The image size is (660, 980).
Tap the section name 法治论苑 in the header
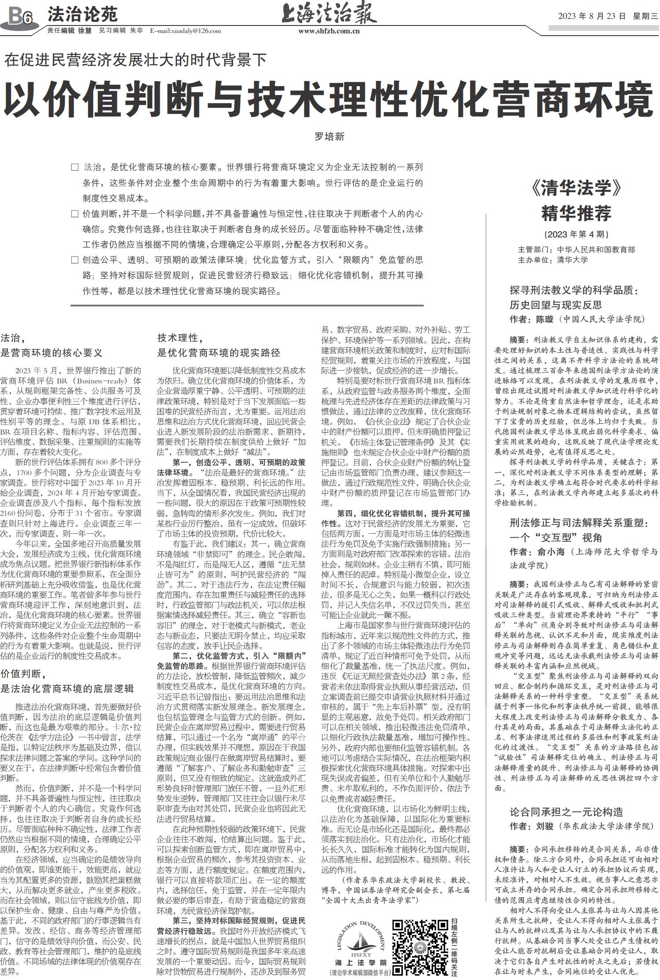(x=82, y=15)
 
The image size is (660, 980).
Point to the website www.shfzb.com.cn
(x=329, y=31)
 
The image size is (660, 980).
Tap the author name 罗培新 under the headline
(x=329, y=136)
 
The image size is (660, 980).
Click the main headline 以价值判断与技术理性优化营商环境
(x=329, y=99)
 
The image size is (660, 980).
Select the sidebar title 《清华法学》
(x=576, y=188)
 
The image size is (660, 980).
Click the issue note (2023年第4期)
(x=576, y=234)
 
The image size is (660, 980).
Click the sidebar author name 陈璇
(x=544, y=319)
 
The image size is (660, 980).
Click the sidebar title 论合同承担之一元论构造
(x=572, y=812)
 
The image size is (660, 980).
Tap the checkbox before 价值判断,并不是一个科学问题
(x=75, y=214)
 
